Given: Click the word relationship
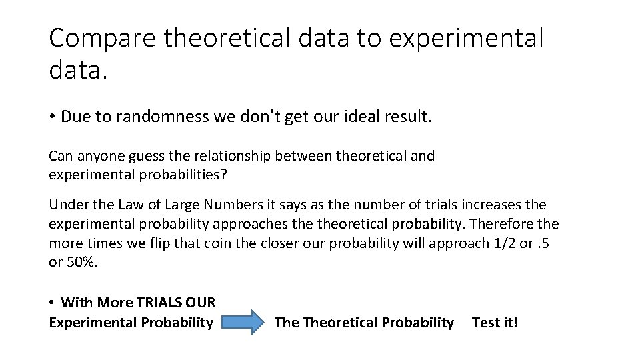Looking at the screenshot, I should tap(233, 157).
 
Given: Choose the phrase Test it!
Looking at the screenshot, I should tap(495, 323).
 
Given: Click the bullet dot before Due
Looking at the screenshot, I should tap(52, 118).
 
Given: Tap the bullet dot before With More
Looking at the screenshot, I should tap(52, 303).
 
